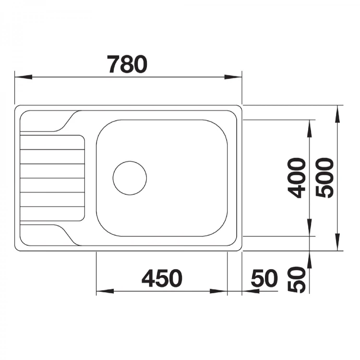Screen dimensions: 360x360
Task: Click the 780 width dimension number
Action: (127, 64)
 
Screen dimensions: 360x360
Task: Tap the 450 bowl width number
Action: (162, 278)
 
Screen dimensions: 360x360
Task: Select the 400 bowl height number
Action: (297, 178)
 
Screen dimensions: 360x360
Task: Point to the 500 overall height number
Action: (324, 178)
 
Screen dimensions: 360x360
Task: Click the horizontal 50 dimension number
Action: (264, 278)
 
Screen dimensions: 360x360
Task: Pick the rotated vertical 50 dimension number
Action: (297, 279)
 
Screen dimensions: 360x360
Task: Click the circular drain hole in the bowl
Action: (130, 178)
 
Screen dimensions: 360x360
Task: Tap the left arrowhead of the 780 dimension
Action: (24, 77)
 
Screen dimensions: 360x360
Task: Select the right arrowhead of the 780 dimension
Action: (233, 77)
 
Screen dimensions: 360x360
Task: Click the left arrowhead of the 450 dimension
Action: (105, 291)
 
